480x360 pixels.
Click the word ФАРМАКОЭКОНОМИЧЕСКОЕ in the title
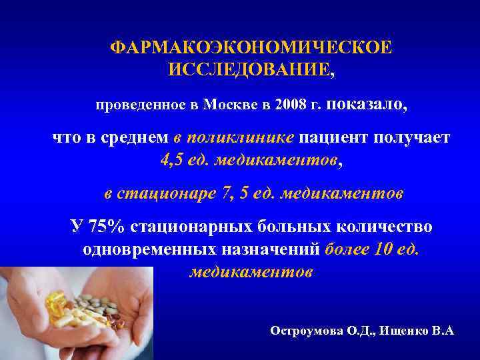point(251,48)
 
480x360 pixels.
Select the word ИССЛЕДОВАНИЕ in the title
point(247,69)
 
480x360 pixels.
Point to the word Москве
point(229,105)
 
